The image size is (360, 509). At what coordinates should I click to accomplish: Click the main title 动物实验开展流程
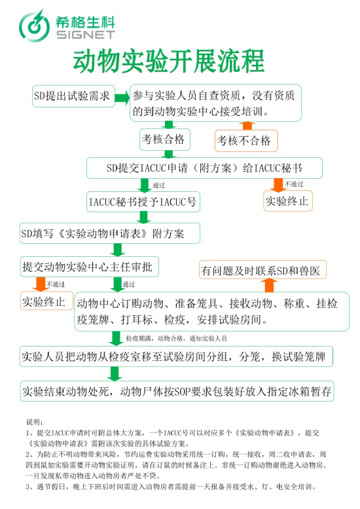pos(169,62)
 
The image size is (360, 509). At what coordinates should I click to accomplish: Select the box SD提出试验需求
pos(73,96)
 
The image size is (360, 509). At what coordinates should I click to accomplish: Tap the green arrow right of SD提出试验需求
pos(122,98)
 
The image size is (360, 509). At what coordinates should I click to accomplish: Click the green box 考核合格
pos(165,140)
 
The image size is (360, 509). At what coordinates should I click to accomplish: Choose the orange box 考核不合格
pos(246,141)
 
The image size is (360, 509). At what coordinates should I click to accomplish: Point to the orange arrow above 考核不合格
pos(247,126)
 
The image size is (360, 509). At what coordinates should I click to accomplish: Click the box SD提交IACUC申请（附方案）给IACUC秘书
pos(204,168)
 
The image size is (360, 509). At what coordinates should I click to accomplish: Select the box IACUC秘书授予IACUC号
pos(143,202)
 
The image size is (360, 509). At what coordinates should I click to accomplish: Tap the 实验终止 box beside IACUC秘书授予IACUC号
pos(288,201)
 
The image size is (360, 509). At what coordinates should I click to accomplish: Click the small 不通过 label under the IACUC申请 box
pos(294,184)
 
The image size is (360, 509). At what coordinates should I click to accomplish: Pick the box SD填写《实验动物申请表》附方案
pos(109,233)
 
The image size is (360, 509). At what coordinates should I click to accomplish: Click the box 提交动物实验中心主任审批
pos(89,267)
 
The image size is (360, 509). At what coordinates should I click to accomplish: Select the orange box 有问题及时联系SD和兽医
pos(262,270)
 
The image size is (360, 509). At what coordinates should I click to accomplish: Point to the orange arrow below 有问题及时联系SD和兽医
pos(269,286)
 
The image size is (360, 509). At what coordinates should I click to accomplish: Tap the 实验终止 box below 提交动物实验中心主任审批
pos(46,301)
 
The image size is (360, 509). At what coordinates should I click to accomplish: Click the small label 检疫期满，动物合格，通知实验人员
pos(177,339)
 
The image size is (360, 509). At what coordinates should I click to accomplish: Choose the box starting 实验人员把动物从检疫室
pos(176,356)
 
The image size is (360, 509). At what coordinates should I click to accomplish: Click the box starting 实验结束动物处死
pos(177,391)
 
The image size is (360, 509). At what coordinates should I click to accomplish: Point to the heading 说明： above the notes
pos(35,422)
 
